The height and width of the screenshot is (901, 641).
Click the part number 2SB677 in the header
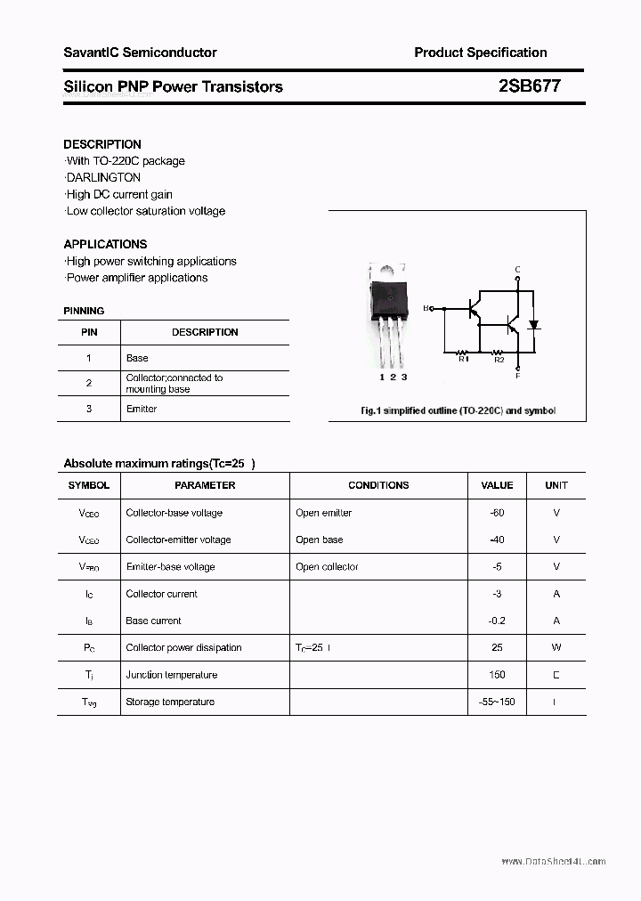point(529,86)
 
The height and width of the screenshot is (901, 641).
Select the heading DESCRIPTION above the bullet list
point(102,144)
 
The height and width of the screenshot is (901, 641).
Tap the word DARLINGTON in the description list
point(103,177)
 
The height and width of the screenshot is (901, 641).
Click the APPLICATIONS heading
point(105,244)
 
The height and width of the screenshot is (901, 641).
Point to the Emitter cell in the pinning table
point(142,409)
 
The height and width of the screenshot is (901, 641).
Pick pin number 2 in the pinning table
point(89,383)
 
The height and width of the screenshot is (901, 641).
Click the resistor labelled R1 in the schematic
point(463,352)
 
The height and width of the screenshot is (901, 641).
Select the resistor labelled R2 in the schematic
point(499,352)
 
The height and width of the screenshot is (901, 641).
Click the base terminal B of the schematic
point(427,308)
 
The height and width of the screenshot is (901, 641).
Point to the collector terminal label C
point(517,270)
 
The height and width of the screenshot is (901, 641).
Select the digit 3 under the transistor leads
point(404,377)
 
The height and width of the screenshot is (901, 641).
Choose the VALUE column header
point(497,485)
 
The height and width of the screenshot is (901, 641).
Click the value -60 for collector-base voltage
point(497,513)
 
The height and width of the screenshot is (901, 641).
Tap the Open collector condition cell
point(327,567)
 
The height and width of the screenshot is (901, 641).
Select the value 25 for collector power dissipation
point(497,648)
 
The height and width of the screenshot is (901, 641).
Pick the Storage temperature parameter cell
point(170,702)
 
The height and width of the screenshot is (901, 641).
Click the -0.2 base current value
point(497,621)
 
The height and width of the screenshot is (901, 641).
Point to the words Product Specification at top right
point(481,53)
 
